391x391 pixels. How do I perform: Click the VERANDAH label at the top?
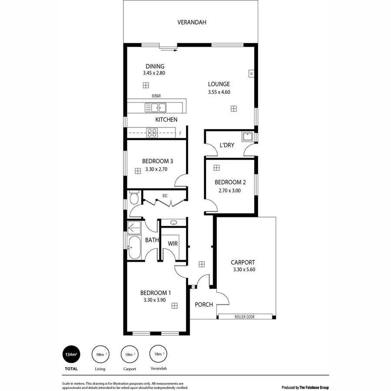(191, 22)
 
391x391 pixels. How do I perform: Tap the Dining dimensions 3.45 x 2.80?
(154, 73)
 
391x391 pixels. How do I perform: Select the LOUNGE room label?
(219, 84)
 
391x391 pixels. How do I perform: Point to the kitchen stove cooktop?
(152, 133)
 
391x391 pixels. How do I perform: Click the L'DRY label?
(227, 145)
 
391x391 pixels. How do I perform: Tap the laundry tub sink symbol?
(248, 137)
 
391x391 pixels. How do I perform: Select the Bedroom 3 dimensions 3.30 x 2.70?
(156, 169)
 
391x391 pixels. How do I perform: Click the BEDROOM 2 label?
(230, 182)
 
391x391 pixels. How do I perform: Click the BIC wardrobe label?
(165, 195)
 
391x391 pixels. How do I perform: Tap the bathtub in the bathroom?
(134, 248)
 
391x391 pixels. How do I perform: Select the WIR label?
(173, 244)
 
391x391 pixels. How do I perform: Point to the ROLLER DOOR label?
(244, 317)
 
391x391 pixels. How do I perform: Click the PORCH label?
(203, 305)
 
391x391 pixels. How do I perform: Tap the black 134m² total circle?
(71, 354)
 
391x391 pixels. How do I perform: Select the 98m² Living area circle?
(100, 354)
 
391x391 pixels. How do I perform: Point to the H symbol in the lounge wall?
(252, 73)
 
